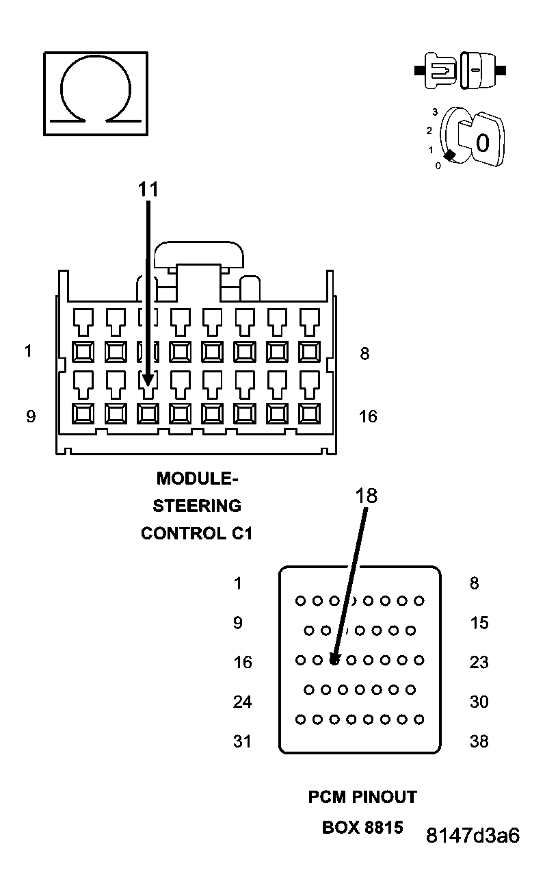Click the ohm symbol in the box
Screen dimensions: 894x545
pyautogui.click(x=95, y=92)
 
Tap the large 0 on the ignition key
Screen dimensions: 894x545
pyautogui.click(x=482, y=143)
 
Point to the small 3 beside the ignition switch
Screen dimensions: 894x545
pyautogui.click(x=434, y=112)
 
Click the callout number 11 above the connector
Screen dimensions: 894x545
pyautogui.click(x=148, y=190)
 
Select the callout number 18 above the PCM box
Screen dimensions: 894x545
pyautogui.click(x=367, y=496)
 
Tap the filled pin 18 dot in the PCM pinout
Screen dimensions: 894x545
pyautogui.click(x=334, y=661)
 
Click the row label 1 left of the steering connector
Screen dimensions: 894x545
pyautogui.click(x=28, y=351)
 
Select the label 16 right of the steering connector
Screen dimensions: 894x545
pyautogui.click(x=368, y=416)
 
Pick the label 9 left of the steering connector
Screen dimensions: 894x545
pyautogui.click(x=30, y=416)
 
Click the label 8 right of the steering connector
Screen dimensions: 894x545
pyautogui.click(x=364, y=354)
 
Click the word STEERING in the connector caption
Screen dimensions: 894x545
pyautogui.click(x=197, y=506)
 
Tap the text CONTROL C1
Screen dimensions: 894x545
pyautogui.click(x=197, y=533)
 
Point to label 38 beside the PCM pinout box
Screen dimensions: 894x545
pyautogui.click(x=479, y=741)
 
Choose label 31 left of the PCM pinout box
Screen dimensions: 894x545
pyautogui.click(x=242, y=741)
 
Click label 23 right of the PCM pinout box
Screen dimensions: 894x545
pyautogui.click(x=479, y=663)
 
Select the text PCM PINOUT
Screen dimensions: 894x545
pyautogui.click(x=362, y=797)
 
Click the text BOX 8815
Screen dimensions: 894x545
pyautogui.click(x=362, y=827)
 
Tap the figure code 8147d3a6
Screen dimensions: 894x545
pyautogui.click(x=473, y=836)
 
